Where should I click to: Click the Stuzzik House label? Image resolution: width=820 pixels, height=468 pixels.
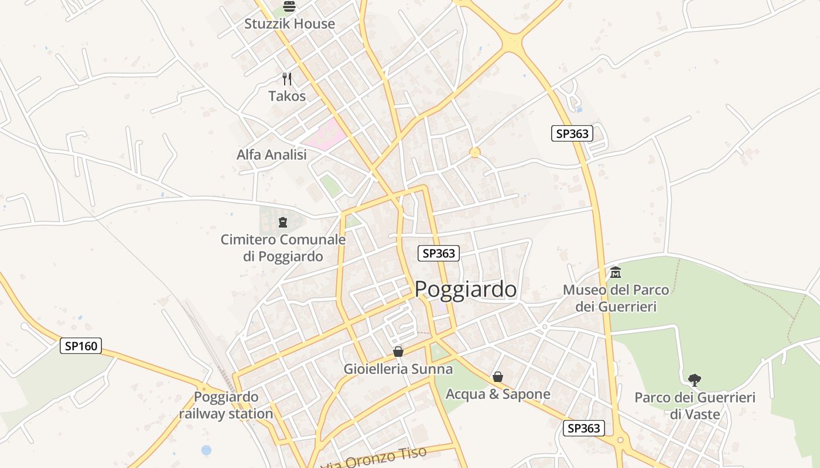click(x=289, y=24)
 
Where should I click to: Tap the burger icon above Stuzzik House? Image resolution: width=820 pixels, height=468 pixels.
click(x=289, y=6)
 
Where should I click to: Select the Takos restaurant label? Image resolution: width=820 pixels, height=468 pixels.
click(x=287, y=96)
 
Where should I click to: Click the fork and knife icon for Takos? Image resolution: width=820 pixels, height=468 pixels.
click(x=287, y=79)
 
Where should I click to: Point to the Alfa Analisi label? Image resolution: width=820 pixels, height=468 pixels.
click(x=271, y=155)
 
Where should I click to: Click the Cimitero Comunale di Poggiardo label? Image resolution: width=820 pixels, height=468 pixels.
click(x=283, y=248)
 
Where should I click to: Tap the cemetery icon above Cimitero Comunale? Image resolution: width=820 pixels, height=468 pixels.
click(x=283, y=222)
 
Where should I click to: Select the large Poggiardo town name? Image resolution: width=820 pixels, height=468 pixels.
click(x=466, y=290)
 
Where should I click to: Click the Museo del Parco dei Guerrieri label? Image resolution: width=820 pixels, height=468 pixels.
click(x=616, y=298)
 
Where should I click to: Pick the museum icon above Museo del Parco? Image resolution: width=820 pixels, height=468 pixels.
click(x=616, y=273)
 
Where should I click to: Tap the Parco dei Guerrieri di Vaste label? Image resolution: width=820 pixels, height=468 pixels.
click(x=695, y=406)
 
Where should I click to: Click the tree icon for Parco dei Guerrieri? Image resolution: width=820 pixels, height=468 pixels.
click(x=695, y=380)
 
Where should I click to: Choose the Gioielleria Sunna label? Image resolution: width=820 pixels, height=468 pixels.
click(x=398, y=369)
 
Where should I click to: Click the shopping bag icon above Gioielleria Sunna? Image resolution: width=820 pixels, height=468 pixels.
click(x=398, y=352)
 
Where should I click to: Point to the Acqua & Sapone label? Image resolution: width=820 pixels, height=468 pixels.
click(x=498, y=394)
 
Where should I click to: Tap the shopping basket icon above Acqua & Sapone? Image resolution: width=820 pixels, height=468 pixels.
click(x=498, y=377)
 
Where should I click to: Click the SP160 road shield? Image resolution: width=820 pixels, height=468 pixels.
click(x=81, y=346)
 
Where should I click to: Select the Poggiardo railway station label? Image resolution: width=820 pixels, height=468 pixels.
click(x=226, y=405)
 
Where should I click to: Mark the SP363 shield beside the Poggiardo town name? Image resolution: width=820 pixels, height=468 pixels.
click(x=438, y=253)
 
